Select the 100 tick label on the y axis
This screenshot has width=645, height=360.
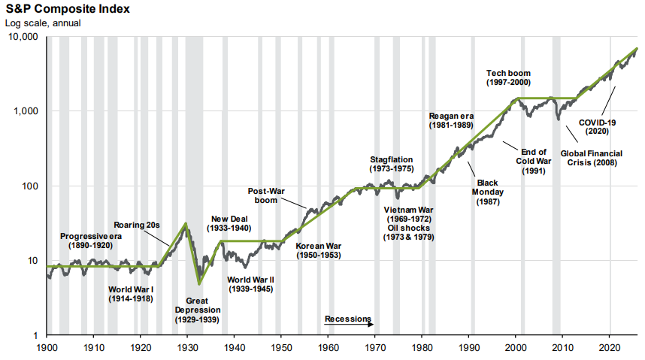(x=32, y=186)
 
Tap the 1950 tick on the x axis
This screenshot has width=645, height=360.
(x=280, y=348)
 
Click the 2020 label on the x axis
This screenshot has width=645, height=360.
(x=609, y=348)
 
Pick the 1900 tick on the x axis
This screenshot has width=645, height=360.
(x=47, y=348)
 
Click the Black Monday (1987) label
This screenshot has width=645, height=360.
(x=489, y=192)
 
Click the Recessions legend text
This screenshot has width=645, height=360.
(x=348, y=319)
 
